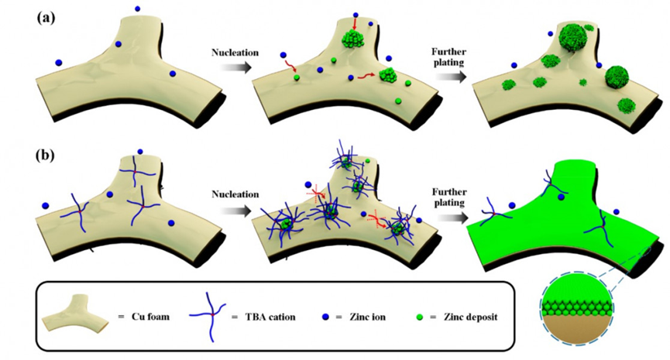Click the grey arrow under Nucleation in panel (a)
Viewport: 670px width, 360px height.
coord(232,68)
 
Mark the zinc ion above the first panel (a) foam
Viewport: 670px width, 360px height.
coord(138,9)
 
